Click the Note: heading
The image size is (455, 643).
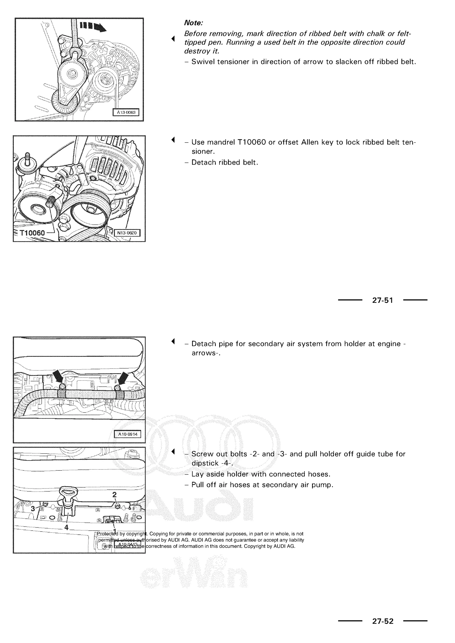[x=193, y=23]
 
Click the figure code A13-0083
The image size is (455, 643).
[x=126, y=112]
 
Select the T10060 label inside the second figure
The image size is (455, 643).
[x=32, y=233]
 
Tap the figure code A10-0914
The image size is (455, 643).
[x=128, y=434]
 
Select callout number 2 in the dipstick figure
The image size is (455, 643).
[x=114, y=494]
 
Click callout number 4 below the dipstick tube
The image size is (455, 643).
[x=66, y=527]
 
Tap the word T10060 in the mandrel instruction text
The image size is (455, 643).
[x=251, y=142]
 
